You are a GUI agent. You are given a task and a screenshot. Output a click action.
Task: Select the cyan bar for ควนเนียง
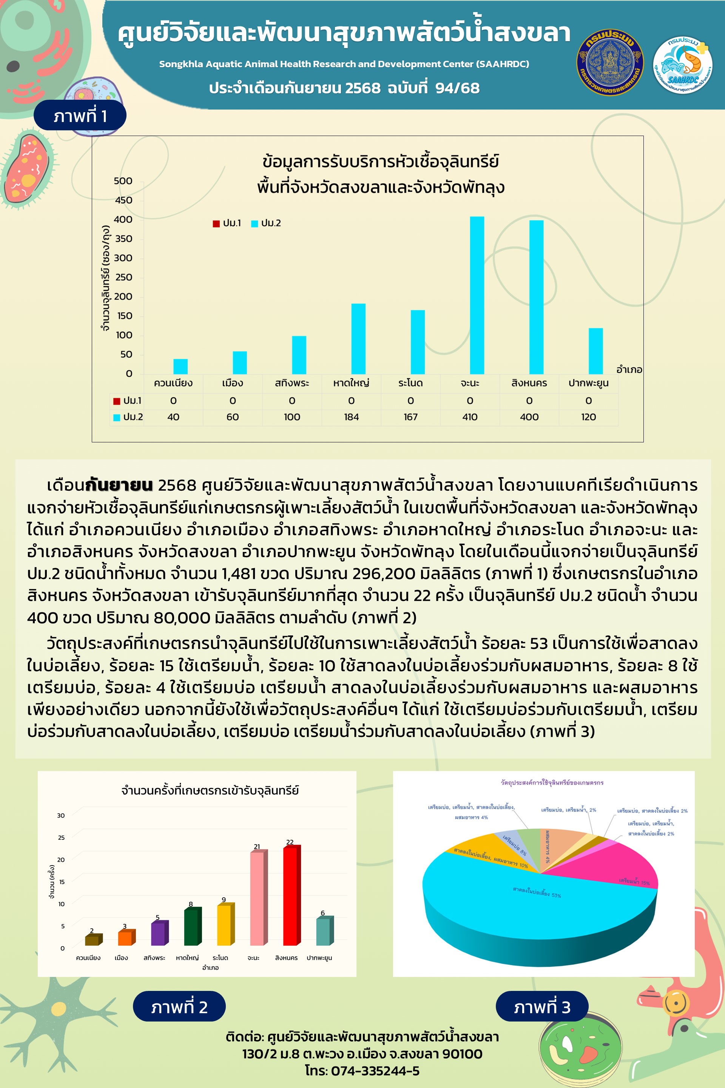point(180,366)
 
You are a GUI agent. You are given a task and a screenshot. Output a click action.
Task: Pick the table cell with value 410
point(470,417)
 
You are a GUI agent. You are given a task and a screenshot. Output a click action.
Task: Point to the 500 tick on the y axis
point(123,181)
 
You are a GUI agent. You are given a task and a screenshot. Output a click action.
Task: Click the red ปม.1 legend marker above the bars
point(216,223)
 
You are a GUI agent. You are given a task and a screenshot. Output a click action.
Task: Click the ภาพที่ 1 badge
point(80,116)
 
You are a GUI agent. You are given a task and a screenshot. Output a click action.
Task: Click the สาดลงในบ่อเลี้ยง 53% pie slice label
point(536,892)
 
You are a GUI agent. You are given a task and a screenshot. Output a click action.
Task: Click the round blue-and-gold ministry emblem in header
point(610,62)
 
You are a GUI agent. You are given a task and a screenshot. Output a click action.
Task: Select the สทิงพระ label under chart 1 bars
point(292,383)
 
